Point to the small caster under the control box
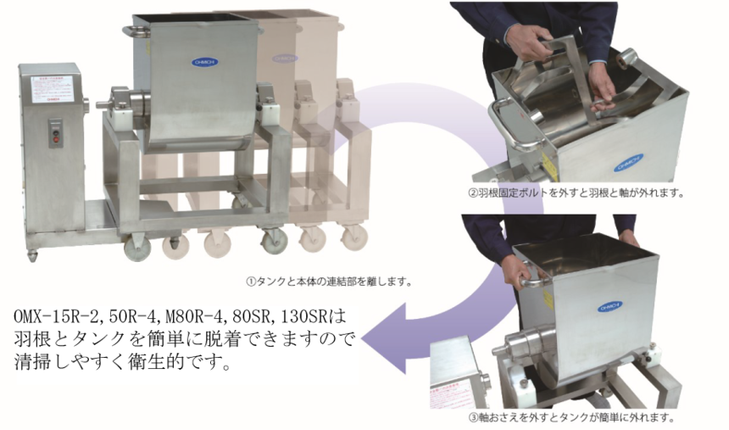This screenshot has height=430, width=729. click(32, 255)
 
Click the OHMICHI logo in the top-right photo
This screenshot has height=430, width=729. click(628, 158)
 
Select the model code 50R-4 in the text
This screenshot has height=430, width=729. click(143, 317)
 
